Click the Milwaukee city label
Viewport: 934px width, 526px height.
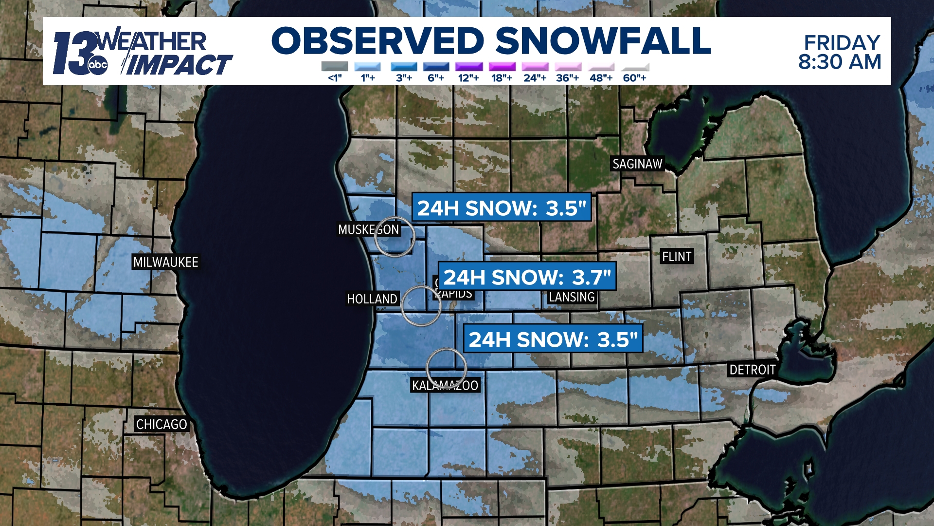[165, 262]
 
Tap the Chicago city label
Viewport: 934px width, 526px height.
[161, 424]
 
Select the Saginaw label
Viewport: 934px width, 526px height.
[637, 164]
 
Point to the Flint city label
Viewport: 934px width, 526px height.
[677, 256]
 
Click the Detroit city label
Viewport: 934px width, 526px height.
[752, 370]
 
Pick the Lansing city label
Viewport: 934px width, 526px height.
[572, 297]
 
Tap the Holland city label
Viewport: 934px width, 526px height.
[372, 299]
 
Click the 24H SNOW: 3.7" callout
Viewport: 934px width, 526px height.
[527, 277]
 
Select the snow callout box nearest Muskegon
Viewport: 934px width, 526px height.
[502, 207]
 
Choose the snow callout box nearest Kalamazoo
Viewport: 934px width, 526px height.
[553, 339]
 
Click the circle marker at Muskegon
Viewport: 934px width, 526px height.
[395, 237]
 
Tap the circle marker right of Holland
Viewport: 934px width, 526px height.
[421, 306]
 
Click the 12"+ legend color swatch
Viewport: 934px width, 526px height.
[469, 67]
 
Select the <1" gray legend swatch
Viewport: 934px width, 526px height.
[335, 67]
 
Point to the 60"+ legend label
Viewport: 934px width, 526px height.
[634, 78]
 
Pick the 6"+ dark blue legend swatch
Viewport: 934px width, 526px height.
[436, 67]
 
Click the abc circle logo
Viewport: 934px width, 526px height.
[97, 65]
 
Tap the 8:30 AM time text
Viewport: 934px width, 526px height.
[840, 62]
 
